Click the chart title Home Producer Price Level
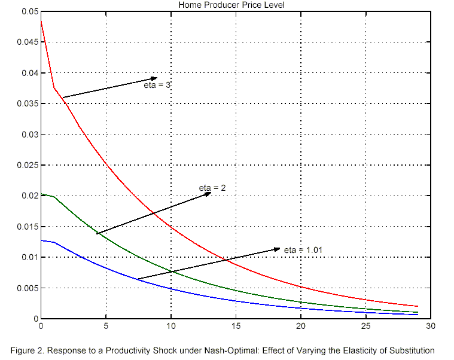tap(231, 5)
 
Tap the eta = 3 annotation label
tap(157, 86)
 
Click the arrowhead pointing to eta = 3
tap(154, 78)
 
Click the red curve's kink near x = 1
tap(54, 88)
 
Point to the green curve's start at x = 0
tap(41, 194)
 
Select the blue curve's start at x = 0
tap(41, 240)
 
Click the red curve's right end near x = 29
tap(417, 306)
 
